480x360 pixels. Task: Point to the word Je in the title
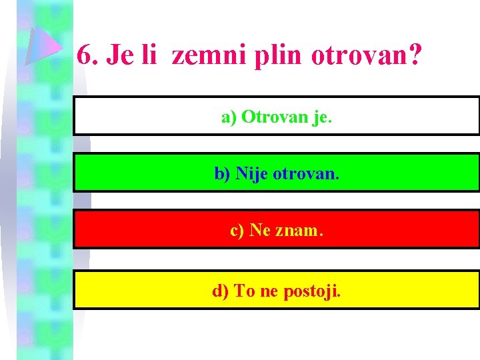119,55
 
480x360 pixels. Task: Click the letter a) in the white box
229,117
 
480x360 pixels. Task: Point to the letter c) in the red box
237,231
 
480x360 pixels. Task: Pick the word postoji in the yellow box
311,291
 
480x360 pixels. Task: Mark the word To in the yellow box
244,291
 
